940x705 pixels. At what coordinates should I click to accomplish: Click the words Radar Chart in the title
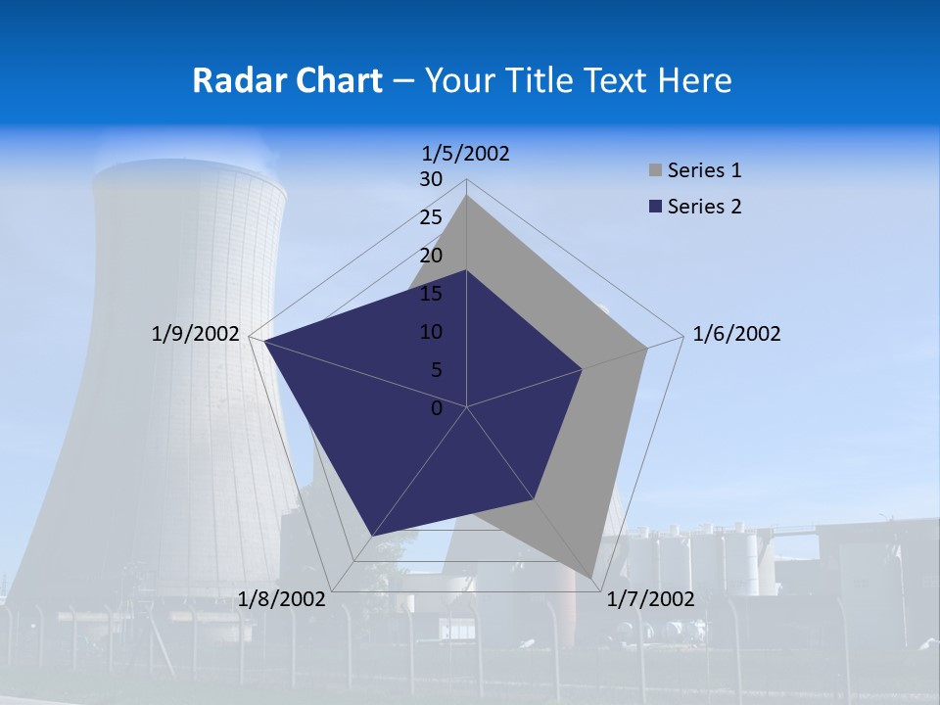tap(287, 80)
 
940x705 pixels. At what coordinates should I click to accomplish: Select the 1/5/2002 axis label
tap(466, 153)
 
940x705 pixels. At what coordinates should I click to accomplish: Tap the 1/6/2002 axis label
tap(736, 334)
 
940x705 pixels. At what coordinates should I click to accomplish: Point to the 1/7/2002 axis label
tap(650, 599)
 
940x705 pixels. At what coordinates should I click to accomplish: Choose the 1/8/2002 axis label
tap(281, 599)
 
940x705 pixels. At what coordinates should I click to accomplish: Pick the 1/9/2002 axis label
tap(195, 334)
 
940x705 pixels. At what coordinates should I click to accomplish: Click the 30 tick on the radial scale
tap(431, 179)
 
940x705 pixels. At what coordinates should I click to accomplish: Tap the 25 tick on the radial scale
tap(431, 217)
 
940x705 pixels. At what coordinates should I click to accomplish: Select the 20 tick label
tap(431, 256)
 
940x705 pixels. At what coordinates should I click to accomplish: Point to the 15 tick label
tap(431, 294)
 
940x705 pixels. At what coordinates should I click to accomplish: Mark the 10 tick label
tap(431, 332)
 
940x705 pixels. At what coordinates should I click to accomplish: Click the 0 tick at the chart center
tap(437, 408)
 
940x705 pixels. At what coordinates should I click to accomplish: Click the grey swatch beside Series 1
tap(655, 171)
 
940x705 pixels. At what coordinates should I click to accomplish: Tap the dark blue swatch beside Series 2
tap(655, 207)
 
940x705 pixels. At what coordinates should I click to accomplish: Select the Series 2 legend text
tap(704, 207)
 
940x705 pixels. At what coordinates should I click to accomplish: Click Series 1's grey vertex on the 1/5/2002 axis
tap(467, 196)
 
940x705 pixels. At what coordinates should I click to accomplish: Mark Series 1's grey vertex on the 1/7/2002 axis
tap(592, 578)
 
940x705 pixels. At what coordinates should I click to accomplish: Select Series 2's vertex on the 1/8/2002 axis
tap(371, 536)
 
